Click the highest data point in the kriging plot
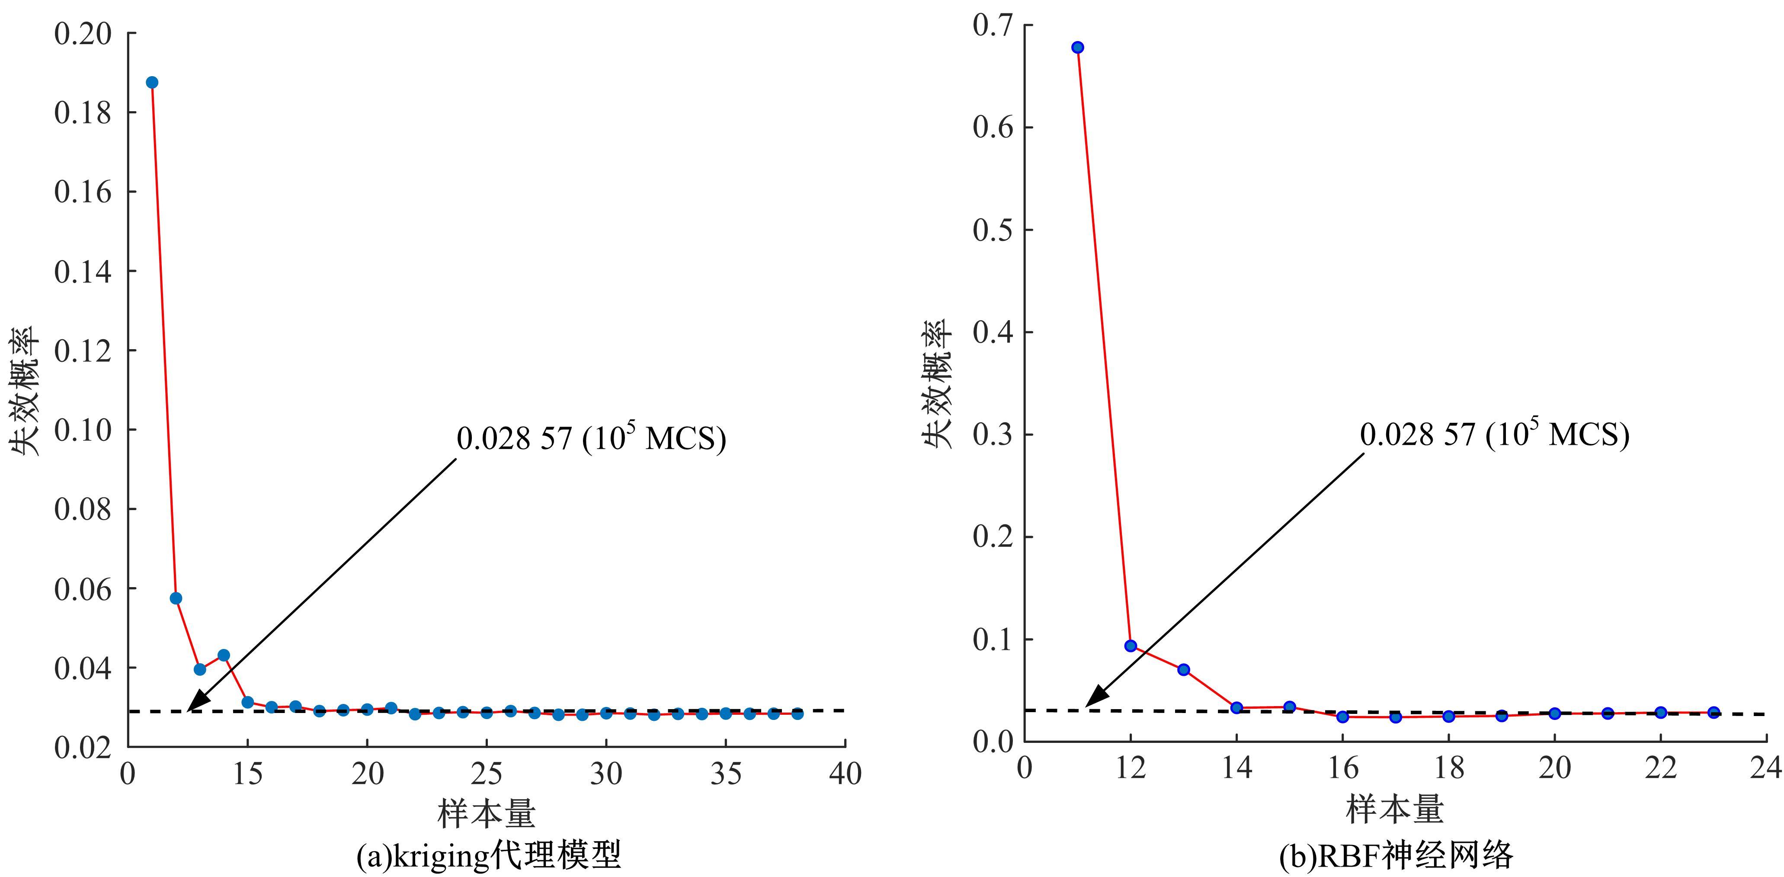[152, 83]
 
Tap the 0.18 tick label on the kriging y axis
[83, 113]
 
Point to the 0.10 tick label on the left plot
[83, 430]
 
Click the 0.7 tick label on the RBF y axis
[993, 25]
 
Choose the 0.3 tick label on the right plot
[993, 435]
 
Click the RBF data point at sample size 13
[1184, 669]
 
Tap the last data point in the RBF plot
[1714, 712]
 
